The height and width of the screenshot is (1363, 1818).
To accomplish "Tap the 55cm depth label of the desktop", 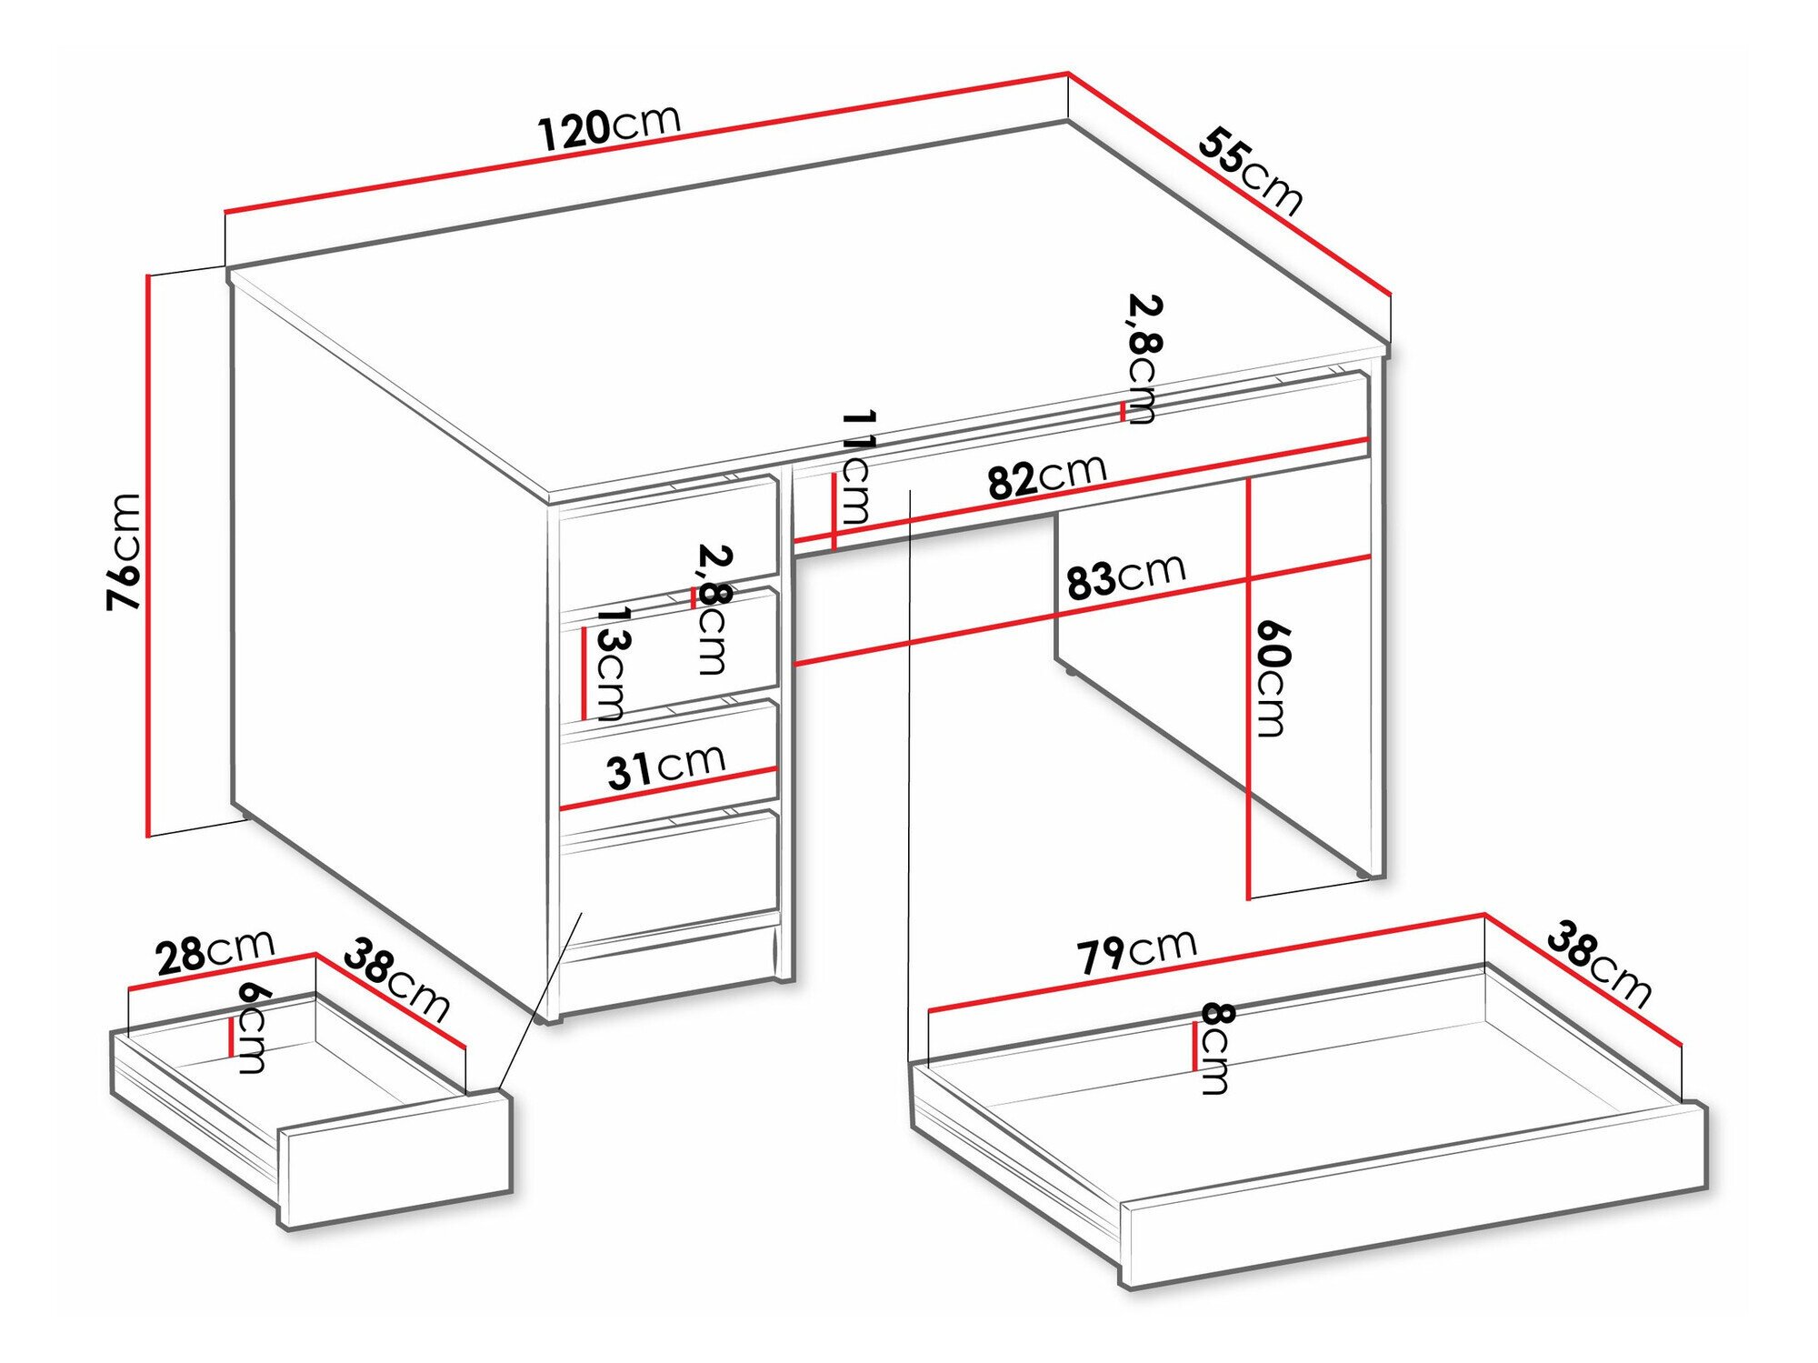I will point(1251,173).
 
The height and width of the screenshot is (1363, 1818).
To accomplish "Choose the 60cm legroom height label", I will point(1272,678).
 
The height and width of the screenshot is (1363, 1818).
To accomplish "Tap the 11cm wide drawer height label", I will point(856,467).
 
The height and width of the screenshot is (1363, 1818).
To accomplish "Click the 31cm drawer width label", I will point(665,767).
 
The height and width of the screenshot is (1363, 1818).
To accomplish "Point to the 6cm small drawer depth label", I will point(251,1027).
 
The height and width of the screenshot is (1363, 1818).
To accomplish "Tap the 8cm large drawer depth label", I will point(1216,1047).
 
